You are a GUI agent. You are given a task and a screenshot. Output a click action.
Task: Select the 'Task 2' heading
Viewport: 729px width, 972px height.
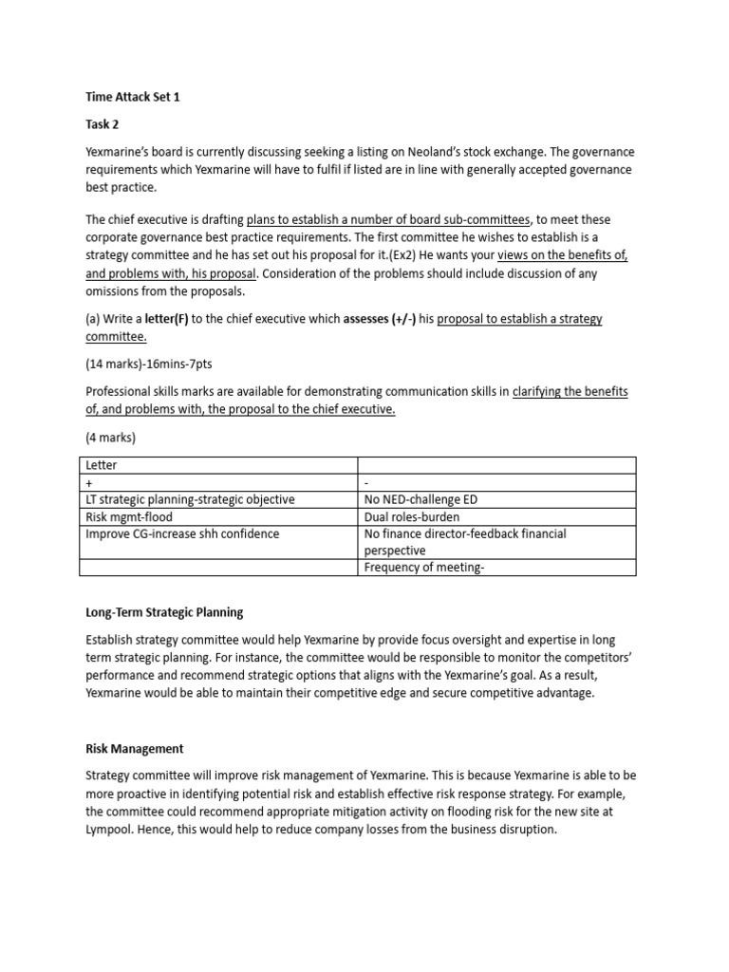pyautogui.click(x=103, y=124)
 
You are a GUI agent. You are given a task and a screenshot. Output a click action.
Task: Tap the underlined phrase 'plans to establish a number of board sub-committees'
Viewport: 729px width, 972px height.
pyautogui.click(x=388, y=219)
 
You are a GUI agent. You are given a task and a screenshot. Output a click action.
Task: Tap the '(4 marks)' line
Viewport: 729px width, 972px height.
pyautogui.click(x=111, y=438)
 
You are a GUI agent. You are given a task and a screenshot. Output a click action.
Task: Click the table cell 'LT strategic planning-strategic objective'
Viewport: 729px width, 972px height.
pyautogui.click(x=190, y=499)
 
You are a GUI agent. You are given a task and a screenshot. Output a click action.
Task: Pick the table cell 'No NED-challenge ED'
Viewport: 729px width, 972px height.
pyautogui.click(x=423, y=499)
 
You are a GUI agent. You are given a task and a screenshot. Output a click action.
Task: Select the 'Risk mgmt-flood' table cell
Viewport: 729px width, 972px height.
pyautogui.click(x=129, y=516)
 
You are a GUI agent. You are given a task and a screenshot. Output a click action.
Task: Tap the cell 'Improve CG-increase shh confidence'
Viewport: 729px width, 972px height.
pyautogui.click(x=182, y=533)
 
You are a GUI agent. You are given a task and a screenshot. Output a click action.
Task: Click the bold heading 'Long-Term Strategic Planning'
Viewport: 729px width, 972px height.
pyautogui.click(x=164, y=612)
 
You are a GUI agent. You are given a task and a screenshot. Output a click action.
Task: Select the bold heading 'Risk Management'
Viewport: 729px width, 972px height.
pyautogui.click(x=134, y=749)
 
